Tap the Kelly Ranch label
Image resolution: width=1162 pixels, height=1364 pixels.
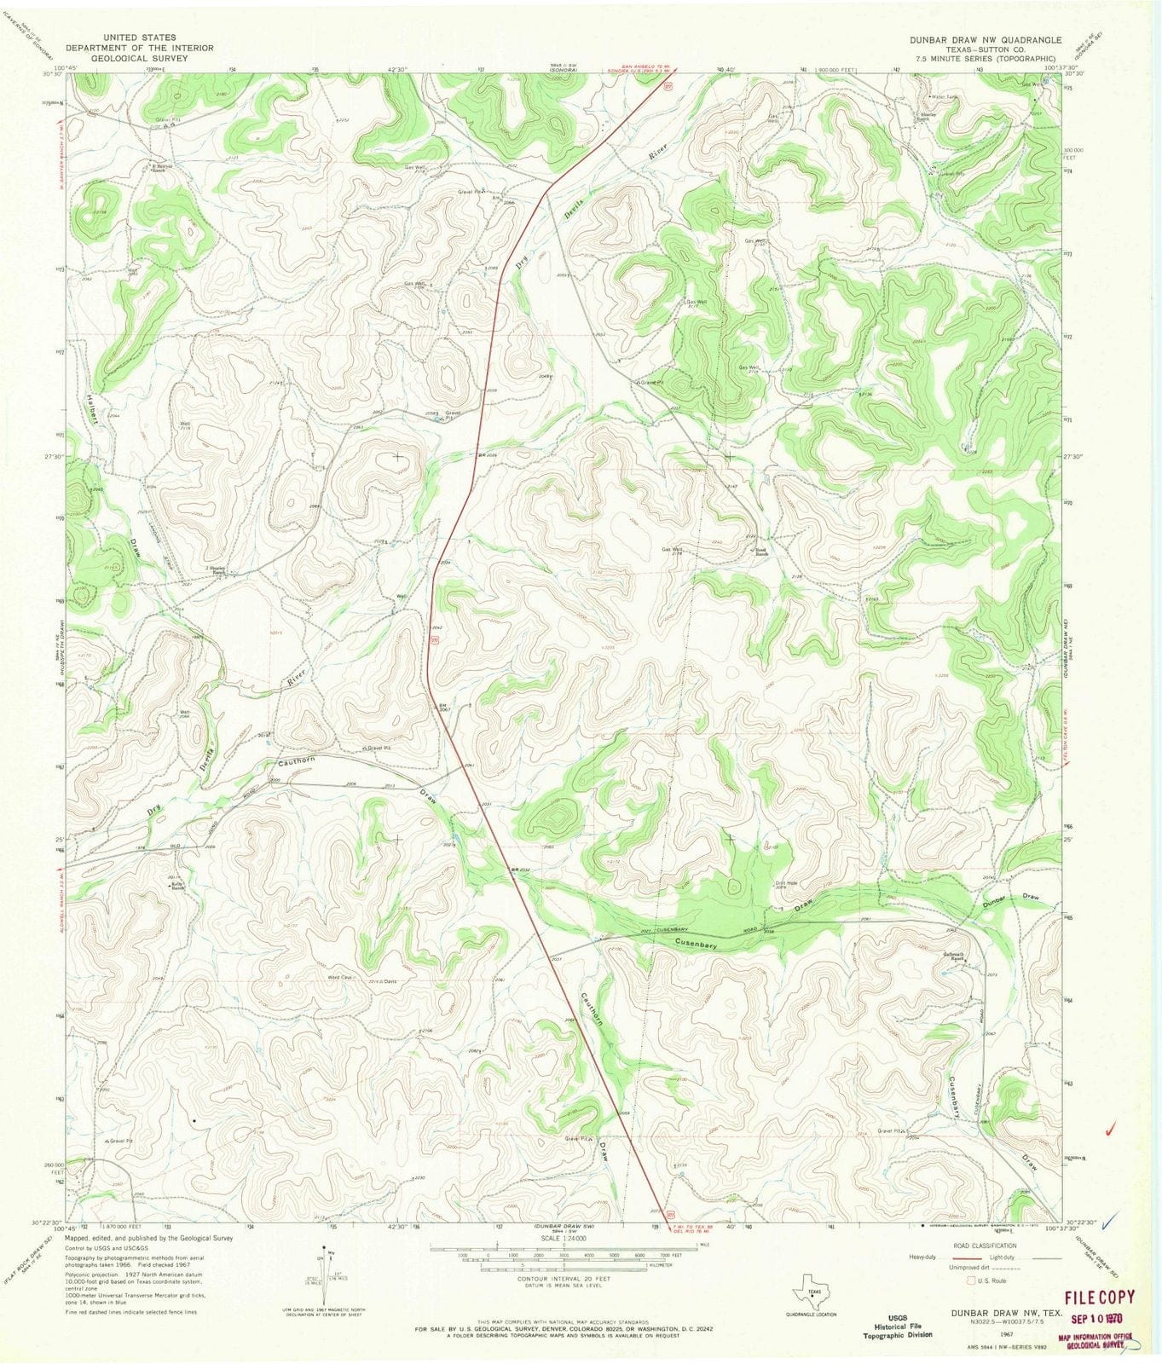176,887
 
